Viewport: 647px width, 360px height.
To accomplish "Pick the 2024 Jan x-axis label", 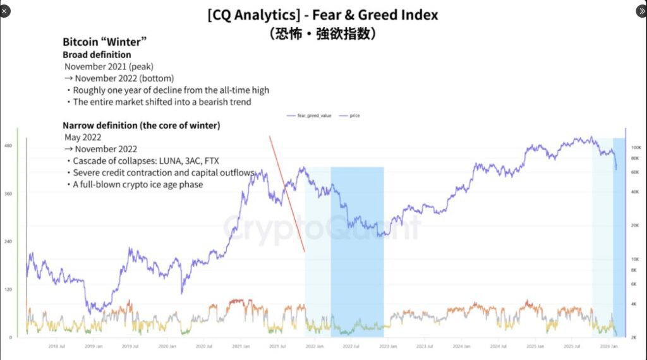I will [461, 346].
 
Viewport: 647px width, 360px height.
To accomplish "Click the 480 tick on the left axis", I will [9, 146].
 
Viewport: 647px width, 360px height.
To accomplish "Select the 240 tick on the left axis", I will [9, 241].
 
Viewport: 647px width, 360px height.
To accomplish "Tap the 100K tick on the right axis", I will [636, 146].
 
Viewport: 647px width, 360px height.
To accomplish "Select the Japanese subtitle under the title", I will [323, 33].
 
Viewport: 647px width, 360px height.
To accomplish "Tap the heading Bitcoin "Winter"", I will [105, 42].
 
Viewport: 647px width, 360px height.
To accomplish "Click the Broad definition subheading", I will [97, 55].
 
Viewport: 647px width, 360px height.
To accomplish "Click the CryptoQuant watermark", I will [322, 227].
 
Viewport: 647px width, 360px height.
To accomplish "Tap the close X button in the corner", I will [5, 11].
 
